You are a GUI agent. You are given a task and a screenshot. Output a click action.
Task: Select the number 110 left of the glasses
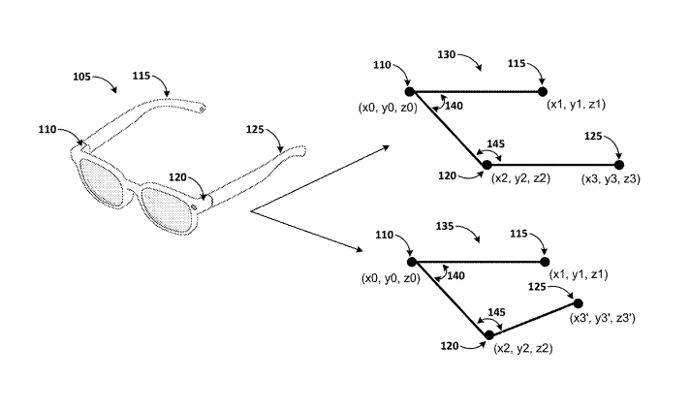pyautogui.click(x=47, y=128)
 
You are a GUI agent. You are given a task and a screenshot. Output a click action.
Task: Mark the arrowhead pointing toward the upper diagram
pyautogui.click(x=387, y=148)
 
